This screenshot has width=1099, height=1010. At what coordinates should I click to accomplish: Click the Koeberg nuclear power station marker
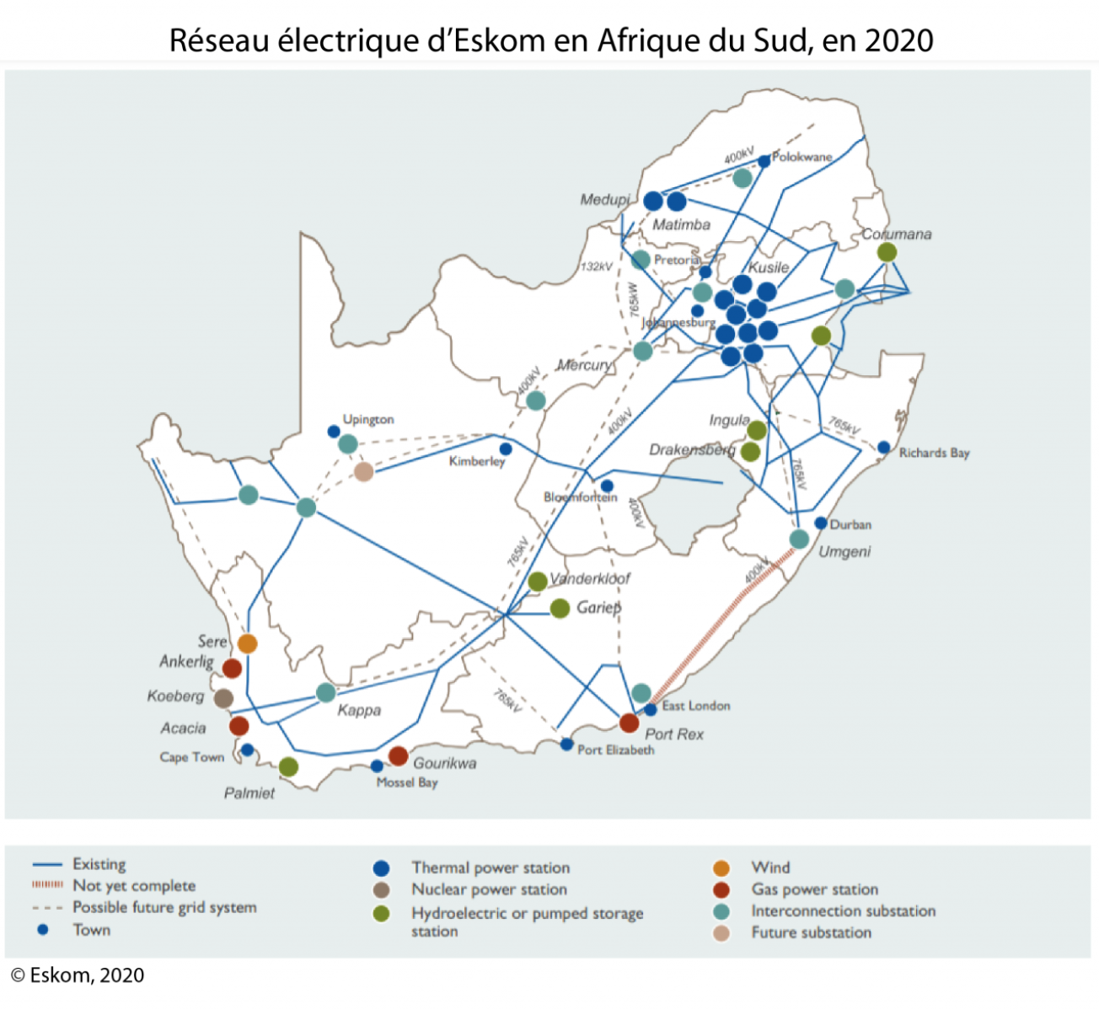click(x=223, y=698)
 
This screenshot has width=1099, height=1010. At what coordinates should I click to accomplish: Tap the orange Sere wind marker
click(x=247, y=643)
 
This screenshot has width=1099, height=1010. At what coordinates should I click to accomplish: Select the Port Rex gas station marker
click(x=629, y=723)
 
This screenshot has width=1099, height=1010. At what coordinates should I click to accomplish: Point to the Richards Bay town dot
click(x=883, y=448)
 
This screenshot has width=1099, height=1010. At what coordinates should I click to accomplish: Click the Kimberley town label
click(x=476, y=462)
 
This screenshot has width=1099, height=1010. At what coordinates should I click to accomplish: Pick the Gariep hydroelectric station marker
click(x=560, y=608)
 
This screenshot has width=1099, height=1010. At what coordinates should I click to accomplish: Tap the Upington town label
click(x=367, y=419)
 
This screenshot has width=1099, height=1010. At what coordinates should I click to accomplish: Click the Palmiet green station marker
click(x=288, y=766)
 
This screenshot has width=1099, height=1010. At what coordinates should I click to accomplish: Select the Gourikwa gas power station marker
click(x=399, y=756)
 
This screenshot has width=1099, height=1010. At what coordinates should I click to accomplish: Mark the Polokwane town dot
click(x=764, y=161)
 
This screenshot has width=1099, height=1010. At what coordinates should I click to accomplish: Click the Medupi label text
click(x=604, y=200)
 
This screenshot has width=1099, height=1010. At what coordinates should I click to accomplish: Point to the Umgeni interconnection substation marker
click(x=799, y=540)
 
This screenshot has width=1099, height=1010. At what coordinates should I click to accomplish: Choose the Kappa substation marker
click(x=326, y=692)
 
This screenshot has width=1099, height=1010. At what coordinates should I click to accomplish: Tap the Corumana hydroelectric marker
click(x=887, y=252)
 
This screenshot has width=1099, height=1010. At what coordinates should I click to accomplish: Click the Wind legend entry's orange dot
click(x=721, y=868)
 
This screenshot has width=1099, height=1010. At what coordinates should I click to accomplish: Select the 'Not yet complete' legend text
click(x=134, y=886)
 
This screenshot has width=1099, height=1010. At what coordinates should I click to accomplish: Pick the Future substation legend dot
click(x=721, y=933)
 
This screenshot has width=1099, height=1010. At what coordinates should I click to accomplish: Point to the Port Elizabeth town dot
click(x=566, y=744)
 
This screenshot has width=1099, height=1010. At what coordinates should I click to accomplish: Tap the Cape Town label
click(x=192, y=757)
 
